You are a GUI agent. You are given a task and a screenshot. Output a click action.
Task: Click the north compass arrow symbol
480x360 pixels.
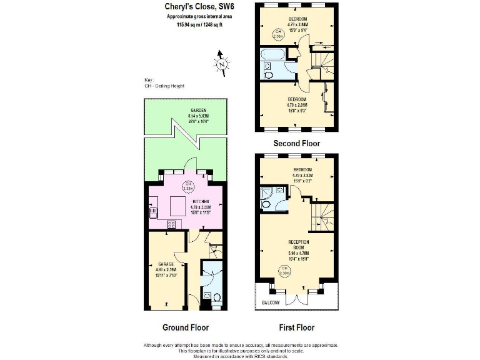coord(220,62)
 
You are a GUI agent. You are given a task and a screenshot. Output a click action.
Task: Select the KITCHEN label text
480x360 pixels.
coord(192,201)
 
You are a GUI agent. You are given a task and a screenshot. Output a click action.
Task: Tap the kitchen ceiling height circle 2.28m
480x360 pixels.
coord(186,186)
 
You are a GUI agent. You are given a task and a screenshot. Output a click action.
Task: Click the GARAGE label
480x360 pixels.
coord(166,264)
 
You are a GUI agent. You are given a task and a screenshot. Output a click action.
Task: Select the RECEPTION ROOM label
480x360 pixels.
coord(299,244)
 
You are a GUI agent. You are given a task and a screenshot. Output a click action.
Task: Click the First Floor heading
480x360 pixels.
coord(296,327)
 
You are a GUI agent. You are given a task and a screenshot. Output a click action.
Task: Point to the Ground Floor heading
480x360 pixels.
coord(186,327)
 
